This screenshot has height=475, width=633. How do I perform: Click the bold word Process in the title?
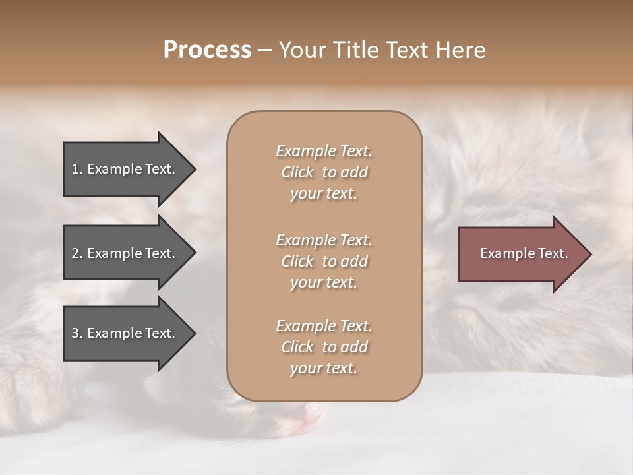coord(207,50)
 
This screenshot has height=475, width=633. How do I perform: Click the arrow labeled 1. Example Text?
coord(125,169)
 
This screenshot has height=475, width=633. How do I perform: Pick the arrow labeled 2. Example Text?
coord(125,253)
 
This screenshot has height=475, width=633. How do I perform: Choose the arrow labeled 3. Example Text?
coord(125,333)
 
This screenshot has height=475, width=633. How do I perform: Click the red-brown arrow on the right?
coord(521,253)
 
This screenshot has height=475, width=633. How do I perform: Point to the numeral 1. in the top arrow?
coord(76,169)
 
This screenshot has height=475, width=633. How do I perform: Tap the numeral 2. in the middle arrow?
coord(76,253)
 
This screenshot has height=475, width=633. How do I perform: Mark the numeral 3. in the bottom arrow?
coord(76,333)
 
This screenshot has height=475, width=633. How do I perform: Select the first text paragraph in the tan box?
coord(324,172)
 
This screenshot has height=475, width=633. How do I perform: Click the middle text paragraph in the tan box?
coord(324,261)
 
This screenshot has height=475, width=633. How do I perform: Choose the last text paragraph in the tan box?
coord(324,347)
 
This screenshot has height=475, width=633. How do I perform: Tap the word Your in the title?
coord(301,50)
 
